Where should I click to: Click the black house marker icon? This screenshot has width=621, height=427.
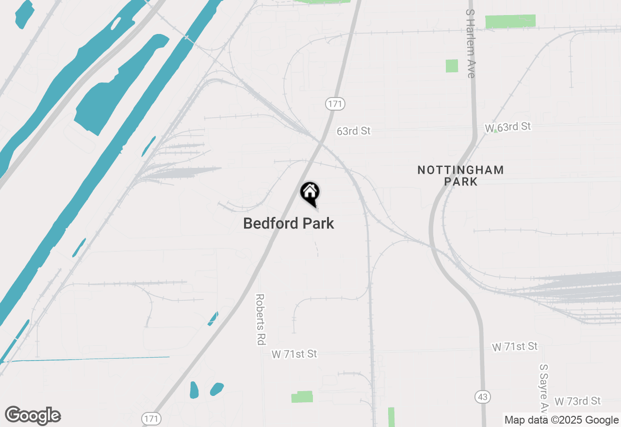tap(310, 193)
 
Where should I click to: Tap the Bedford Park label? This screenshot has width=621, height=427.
tap(289, 223)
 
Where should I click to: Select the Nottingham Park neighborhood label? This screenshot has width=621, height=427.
tap(460, 176)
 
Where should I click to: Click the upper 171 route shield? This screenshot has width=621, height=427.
tap(335, 103)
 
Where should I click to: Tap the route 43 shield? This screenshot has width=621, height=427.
tap(482, 397)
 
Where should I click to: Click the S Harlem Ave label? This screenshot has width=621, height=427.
tap(470, 44)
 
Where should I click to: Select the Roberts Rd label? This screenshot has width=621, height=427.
tap(261, 319)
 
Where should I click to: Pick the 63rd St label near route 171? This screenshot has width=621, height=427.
tap(354, 131)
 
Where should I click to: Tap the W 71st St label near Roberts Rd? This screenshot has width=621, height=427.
tap(294, 354)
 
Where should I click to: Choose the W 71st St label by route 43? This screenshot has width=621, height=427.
tap(515, 346)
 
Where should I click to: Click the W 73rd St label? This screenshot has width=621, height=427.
tap(578, 401)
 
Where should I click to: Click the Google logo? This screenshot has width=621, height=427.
tap(33, 415)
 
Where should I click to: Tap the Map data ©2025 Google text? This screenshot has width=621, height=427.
tap(561, 420)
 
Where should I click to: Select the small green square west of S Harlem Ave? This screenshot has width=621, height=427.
tap(452, 66)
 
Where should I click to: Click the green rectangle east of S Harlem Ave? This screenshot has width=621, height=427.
tap(510, 21)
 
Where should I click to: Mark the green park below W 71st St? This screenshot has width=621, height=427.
tap(302, 397)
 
